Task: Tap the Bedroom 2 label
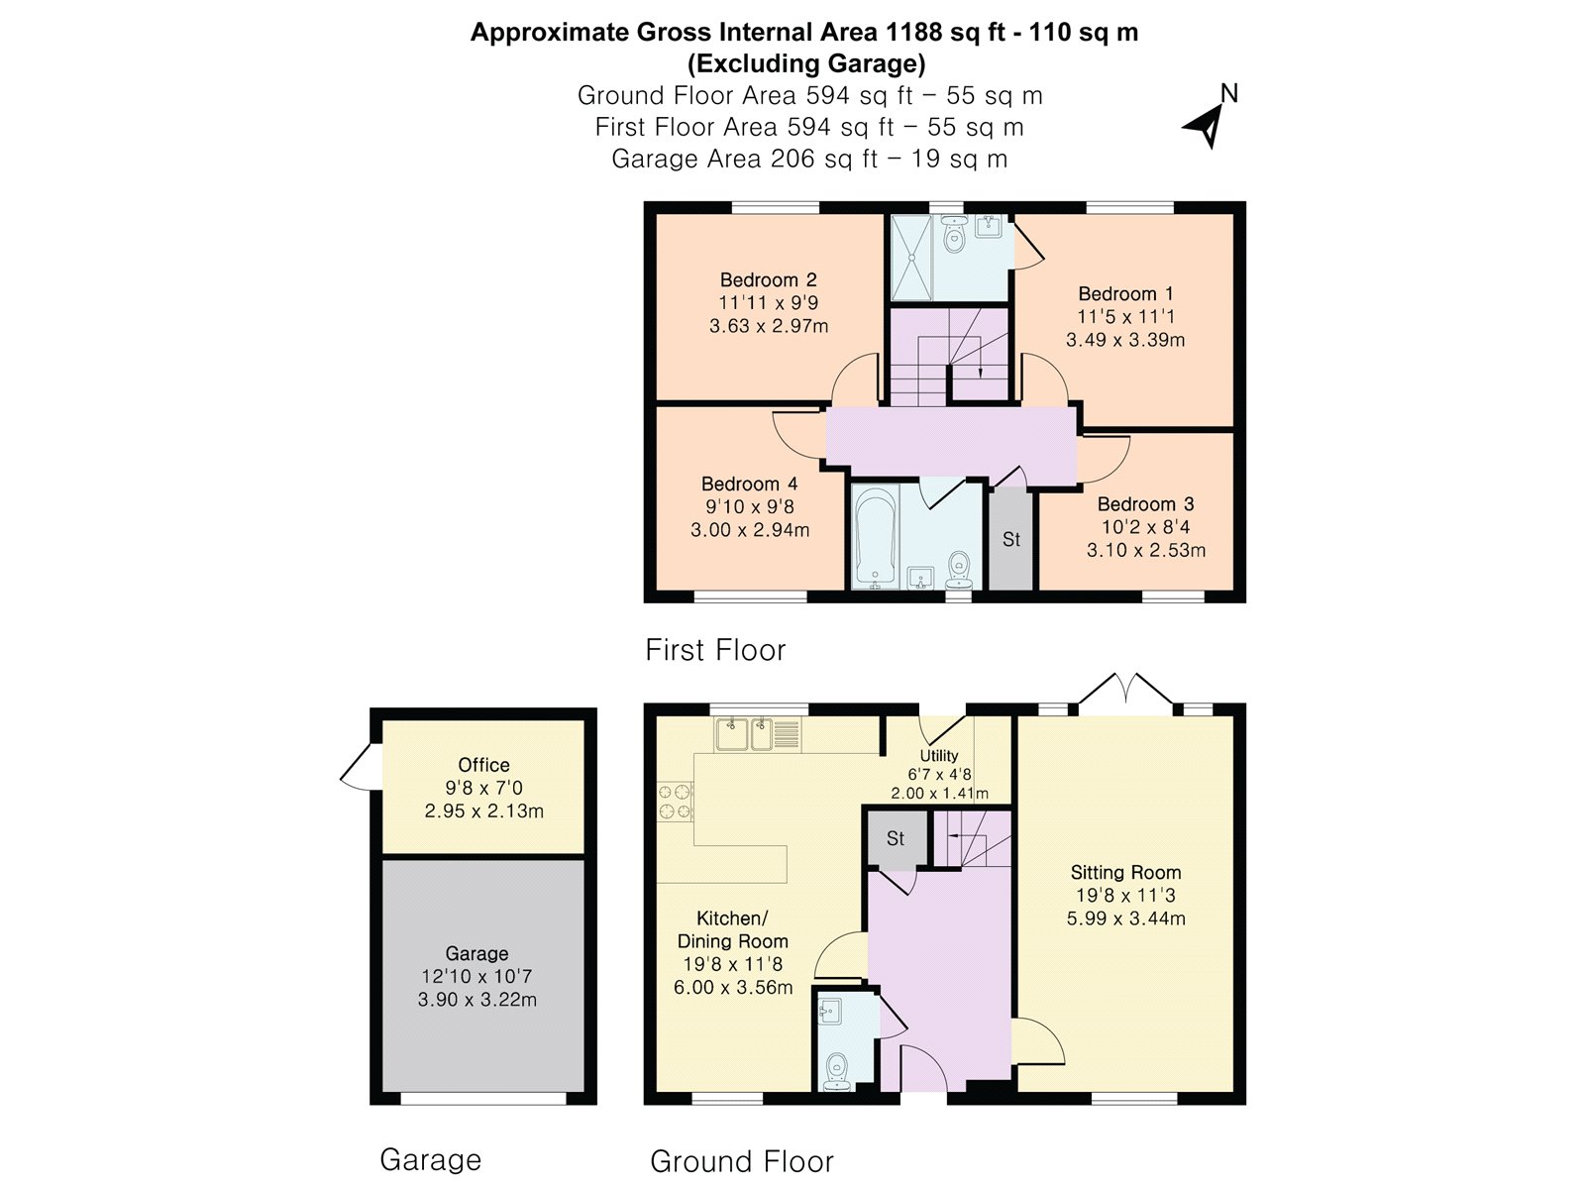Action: pos(769,279)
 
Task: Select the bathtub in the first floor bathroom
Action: pos(875,539)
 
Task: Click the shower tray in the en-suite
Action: pos(911,258)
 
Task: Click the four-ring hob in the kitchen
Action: pos(676,802)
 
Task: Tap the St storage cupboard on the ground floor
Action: pos(896,838)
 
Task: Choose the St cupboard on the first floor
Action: pos(1011,539)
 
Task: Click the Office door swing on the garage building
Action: pos(356,767)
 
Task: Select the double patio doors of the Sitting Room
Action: pos(1125,690)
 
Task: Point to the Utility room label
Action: pos(939,755)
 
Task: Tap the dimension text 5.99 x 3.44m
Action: pos(1125,919)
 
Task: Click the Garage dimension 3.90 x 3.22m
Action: pos(477,999)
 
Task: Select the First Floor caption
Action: pos(715,650)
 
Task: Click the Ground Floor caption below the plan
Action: pos(742,1161)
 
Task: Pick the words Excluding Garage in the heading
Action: pos(806,64)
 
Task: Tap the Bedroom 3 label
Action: pos(1146,504)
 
